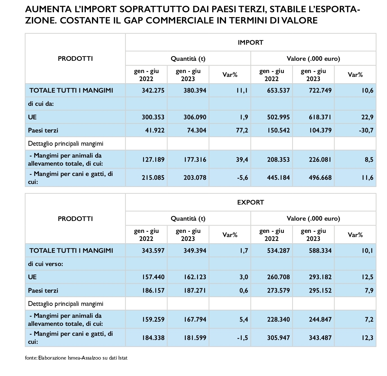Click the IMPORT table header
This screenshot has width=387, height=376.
pos(250,42)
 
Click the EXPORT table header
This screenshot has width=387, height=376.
pos(250,202)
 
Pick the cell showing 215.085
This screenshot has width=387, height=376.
pos(153,177)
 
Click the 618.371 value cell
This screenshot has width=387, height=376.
pos(319,117)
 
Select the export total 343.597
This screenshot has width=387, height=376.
pos(153,250)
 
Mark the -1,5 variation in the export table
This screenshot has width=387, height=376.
pos(242,338)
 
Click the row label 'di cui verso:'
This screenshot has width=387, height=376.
pos(45,264)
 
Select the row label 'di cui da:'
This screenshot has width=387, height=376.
pos(41,104)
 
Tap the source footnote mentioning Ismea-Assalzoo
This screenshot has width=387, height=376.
pos(76,358)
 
